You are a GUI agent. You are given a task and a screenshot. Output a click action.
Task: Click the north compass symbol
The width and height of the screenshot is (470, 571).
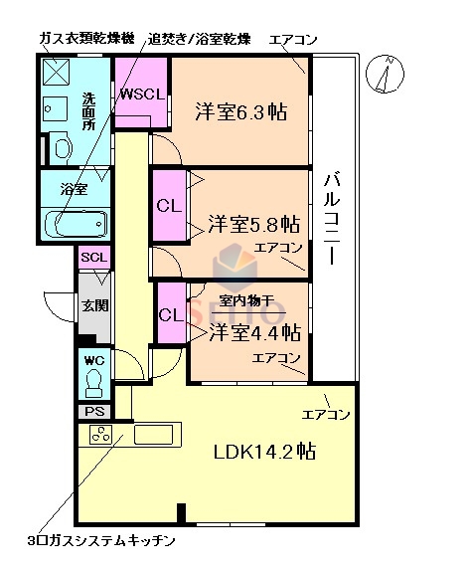pos(388,76)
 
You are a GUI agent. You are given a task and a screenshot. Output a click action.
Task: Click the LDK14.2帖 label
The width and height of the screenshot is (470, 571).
pos(264,452)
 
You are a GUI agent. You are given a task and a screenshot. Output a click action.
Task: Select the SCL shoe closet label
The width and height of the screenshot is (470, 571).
pos(94,257)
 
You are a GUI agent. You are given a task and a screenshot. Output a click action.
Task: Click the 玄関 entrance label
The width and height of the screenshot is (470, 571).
pos(94,306)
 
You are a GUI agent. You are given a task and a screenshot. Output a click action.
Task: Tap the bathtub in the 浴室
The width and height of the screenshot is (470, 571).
pos(78,223)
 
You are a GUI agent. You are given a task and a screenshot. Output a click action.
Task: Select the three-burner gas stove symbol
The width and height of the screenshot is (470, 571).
pos(101,435)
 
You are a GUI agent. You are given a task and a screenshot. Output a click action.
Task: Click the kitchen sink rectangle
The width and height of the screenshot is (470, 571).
pos(153,435)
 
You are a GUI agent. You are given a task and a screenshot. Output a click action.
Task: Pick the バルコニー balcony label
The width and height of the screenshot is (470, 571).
pos(333,220)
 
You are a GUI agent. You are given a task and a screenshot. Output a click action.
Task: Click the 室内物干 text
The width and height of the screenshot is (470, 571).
pos(246,302)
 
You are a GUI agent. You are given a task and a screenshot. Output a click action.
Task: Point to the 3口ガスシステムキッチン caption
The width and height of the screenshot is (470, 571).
pos(102,542)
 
